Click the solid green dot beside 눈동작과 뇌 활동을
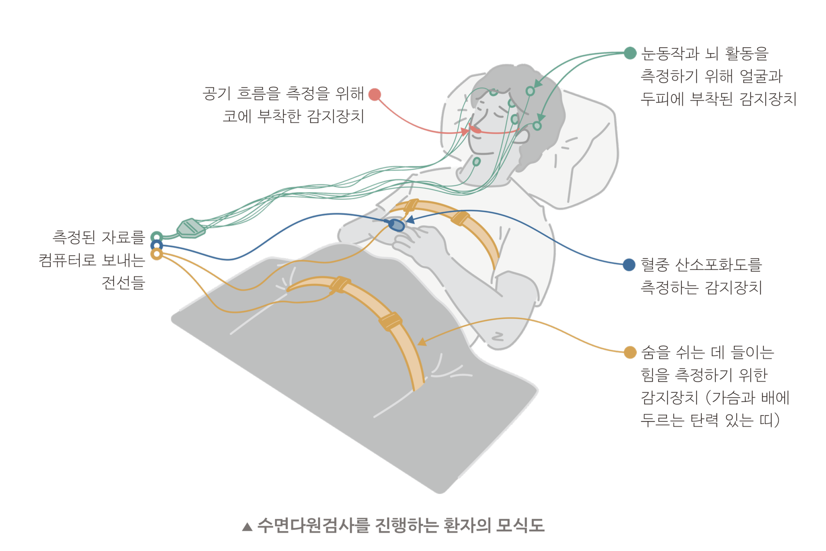[x=630, y=53]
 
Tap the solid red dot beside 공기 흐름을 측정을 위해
[x=375, y=94]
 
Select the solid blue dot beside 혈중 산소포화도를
[x=629, y=265]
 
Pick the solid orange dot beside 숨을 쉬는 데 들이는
[x=630, y=352]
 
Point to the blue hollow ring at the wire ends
[x=157, y=246]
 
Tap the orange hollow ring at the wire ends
[x=157, y=254]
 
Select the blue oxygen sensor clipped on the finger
[x=396, y=225]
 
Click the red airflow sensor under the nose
[x=475, y=129]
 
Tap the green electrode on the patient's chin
[x=476, y=162]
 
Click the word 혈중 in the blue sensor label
[x=655, y=265]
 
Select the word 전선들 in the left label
[x=123, y=283]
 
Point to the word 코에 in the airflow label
[x=237, y=116]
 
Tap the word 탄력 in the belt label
[x=704, y=420]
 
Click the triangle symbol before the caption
[x=247, y=526]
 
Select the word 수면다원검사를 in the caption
[x=313, y=526]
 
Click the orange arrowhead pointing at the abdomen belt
[x=422, y=342]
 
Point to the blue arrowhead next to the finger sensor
[x=410, y=220]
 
